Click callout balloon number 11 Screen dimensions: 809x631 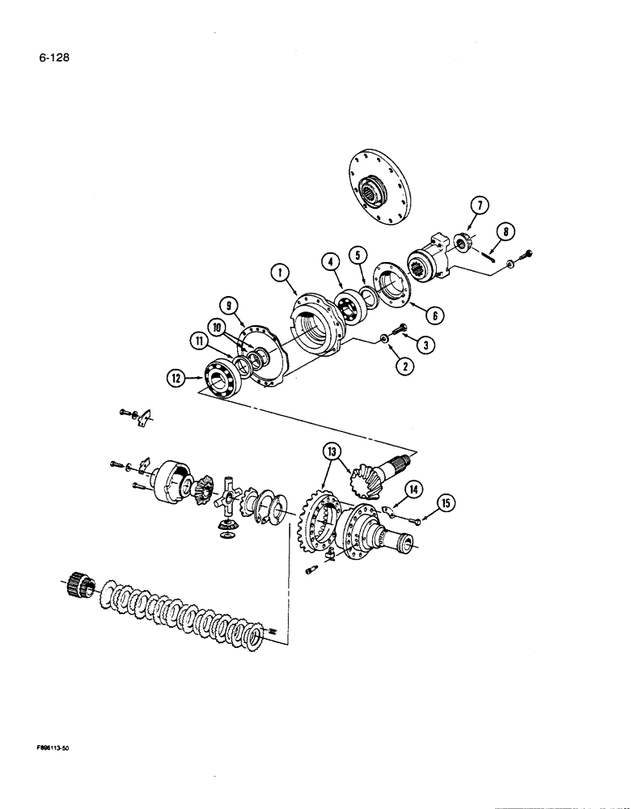click(196, 343)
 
